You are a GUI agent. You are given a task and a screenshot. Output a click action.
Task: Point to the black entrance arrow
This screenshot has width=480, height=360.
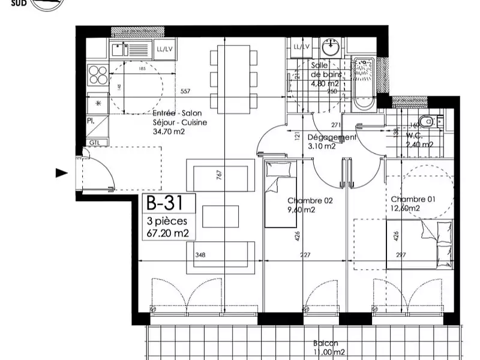(61, 173)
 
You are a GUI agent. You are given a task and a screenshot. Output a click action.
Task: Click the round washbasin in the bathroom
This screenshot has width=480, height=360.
(330, 46)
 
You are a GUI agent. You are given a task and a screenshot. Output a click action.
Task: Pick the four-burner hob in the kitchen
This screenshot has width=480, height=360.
(98, 74)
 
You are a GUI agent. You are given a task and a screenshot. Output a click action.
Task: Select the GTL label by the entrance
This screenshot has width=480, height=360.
(95, 142)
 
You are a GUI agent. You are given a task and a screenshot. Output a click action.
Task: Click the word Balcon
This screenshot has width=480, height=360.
(325, 344)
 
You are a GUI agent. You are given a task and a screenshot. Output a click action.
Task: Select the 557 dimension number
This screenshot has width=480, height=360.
(185, 92)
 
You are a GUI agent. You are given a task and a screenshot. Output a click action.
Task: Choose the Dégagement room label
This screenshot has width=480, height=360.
(332, 137)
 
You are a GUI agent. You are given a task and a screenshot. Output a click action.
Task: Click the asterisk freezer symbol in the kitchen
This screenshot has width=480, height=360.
(98, 104)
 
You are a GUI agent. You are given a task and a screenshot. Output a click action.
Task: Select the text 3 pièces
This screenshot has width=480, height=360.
(163, 221)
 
